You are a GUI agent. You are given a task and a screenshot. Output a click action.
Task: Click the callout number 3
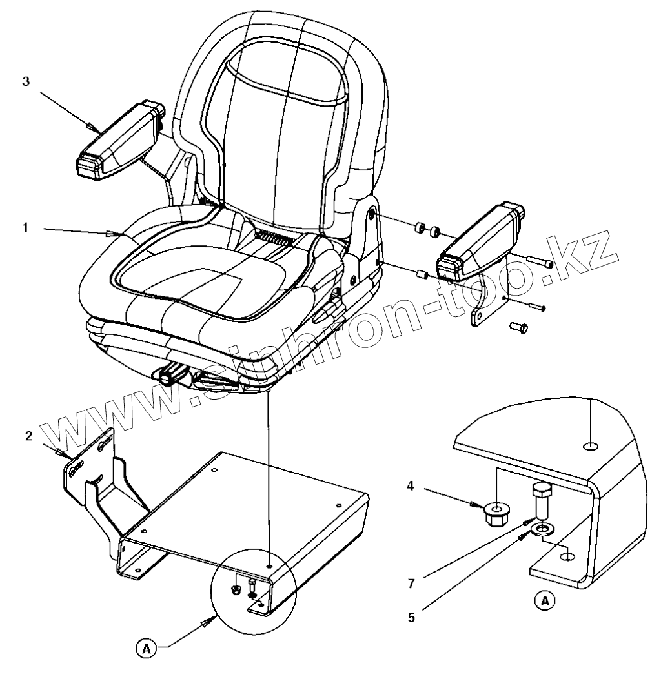click(26, 83)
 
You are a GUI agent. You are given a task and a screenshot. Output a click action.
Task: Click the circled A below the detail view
click(545, 601)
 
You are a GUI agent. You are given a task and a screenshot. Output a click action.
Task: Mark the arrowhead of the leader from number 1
click(117, 234)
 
